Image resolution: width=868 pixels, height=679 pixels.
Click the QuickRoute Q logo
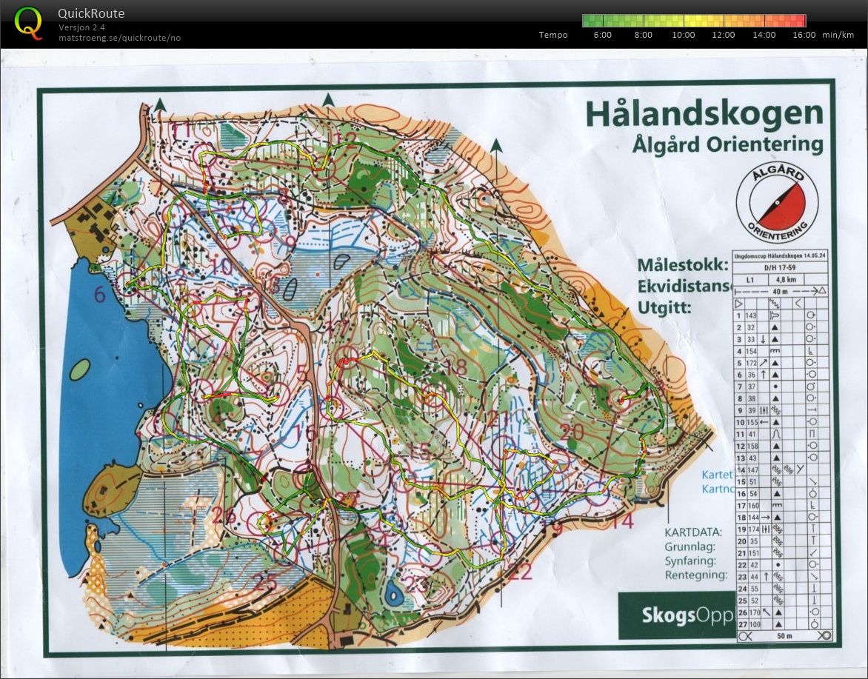[x=28, y=21]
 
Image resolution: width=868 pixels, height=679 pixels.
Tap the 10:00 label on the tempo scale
[x=683, y=35]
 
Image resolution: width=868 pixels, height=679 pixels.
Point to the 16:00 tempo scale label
[x=804, y=35]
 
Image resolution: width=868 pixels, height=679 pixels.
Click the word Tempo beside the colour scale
[x=553, y=35]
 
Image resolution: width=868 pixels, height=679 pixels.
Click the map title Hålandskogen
[x=704, y=114]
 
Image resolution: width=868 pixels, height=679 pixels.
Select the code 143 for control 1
[x=752, y=315]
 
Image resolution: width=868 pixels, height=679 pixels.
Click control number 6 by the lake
[x=100, y=295]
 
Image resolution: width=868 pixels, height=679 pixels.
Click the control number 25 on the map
[x=264, y=582]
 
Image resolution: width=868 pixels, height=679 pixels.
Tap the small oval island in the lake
[x=81, y=373]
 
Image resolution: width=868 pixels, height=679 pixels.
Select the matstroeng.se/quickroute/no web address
[x=119, y=38]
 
